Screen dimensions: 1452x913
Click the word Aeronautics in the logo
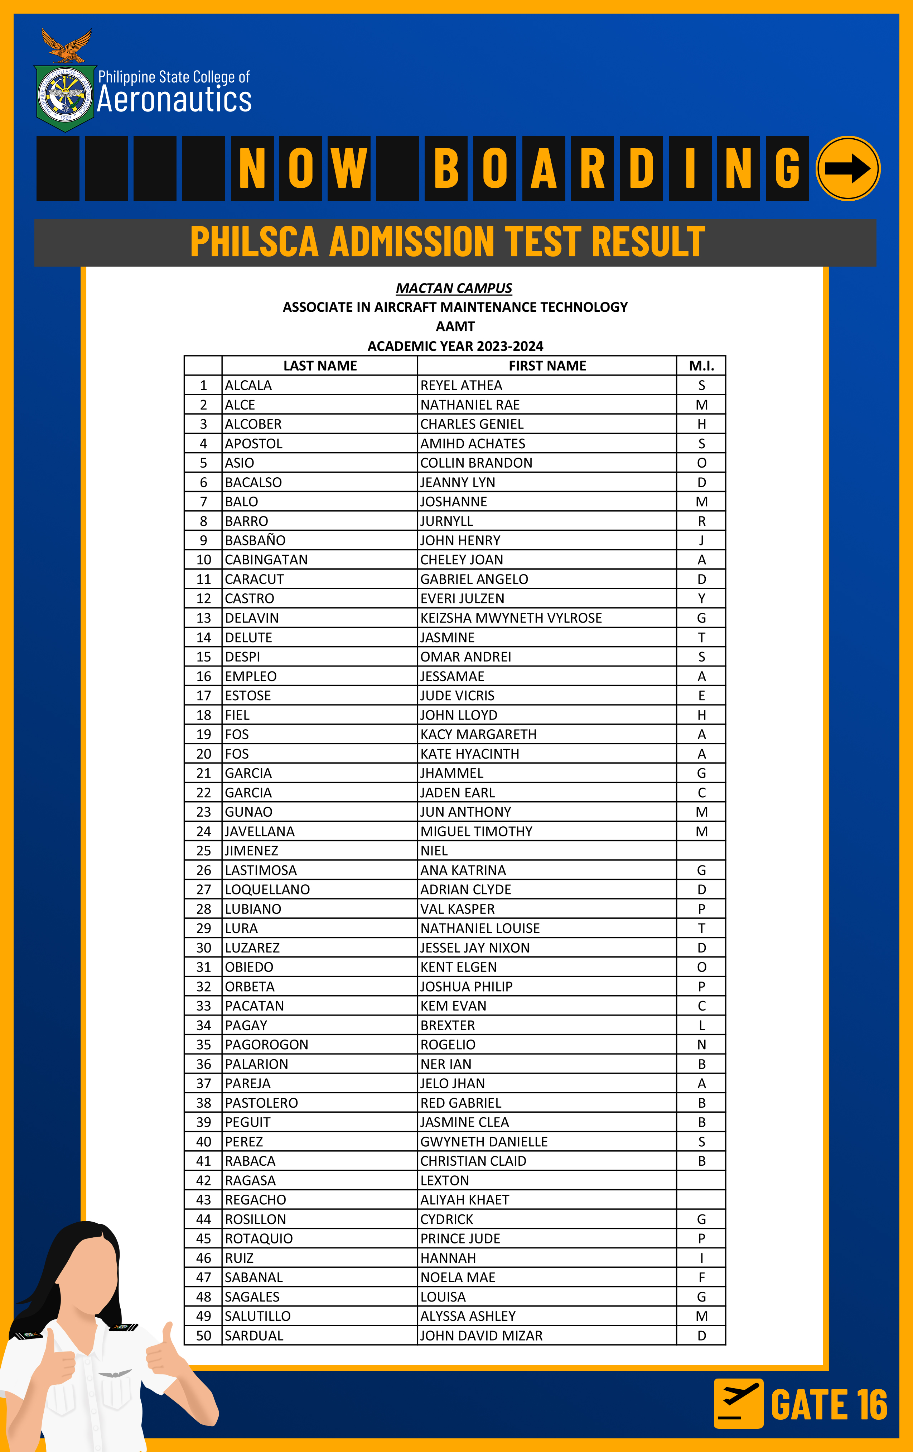click(x=174, y=100)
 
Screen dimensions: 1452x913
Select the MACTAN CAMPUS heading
click(x=454, y=288)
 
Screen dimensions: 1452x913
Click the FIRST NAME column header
click(x=547, y=366)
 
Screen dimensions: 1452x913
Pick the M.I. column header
click(x=701, y=366)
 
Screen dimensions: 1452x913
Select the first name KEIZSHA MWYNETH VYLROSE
click(x=511, y=618)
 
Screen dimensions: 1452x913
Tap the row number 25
click(x=204, y=851)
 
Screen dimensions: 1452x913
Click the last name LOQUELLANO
click(x=267, y=889)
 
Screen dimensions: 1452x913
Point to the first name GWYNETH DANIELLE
click(x=484, y=1141)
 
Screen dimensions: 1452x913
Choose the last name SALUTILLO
click(x=257, y=1316)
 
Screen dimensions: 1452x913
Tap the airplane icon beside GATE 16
click(x=738, y=1403)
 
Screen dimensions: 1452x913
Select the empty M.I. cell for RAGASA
click(x=701, y=1180)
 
